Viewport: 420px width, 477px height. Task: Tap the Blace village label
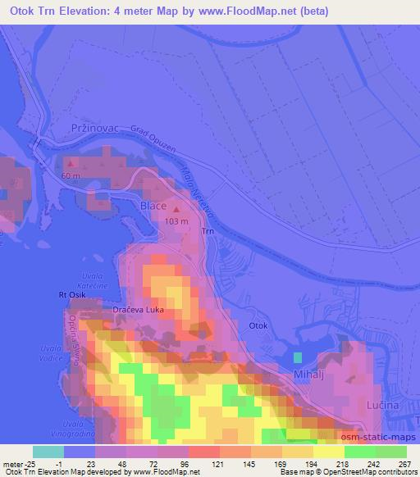pyautogui.click(x=153, y=206)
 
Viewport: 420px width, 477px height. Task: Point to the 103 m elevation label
pyautogui.click(x=177, y=221)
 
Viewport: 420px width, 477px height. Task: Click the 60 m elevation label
pyautogui.click(x=70, y=176)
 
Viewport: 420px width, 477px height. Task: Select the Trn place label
pyautogui.click(x=208, y=232)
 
